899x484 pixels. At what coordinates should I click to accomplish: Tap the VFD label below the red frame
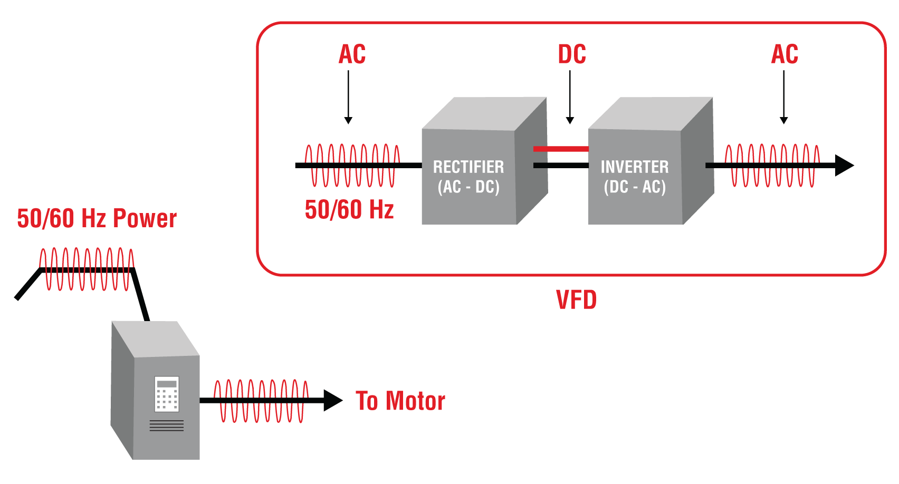pyautogui.click(x=576, y=300)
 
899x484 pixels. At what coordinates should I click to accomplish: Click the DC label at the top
pyautogui.click(x=572, y=54)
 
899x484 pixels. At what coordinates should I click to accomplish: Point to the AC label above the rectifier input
pyautogui.click(x=352, y=54)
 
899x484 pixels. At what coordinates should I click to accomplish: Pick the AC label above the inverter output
pyautogui.click(x=785, y=54)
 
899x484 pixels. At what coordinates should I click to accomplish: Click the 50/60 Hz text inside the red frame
pyautogui.click(x=349, y=210)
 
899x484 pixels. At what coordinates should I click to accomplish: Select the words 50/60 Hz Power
pyautogui.click(x=97, y=218)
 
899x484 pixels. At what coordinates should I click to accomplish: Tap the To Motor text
pyautogui.click(x=400, y=401)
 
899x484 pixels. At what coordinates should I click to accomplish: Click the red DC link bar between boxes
pyautogui.click(x=561, y=149)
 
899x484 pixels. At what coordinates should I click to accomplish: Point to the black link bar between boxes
pyautogui.click(x=561, y=166)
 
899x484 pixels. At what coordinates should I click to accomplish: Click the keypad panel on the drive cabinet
pyautogui.click(x=167, y=394)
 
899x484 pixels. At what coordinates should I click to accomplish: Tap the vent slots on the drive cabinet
pyautogui.click(x=167, y=425)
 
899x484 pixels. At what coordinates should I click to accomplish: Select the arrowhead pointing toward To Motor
pyautogui.click(x=333, y=401)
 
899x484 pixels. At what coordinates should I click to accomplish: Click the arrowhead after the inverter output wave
pyautogui.click(x=844, y=165)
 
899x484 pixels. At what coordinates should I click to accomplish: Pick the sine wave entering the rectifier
pyautogui.click(x=352, y=166)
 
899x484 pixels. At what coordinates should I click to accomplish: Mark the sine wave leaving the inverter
pyautogui.click(x=772, y=166)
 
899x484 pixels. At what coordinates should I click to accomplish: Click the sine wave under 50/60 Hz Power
pyautogui.click(x=87, y=269)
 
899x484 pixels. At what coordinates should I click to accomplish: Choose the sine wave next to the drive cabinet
pyautogui.click(x=261, y=401)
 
